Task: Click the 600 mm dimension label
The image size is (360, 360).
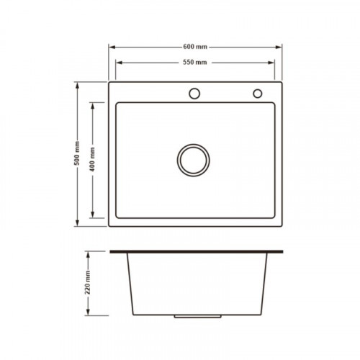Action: pyautogui.click(x=195, y=47)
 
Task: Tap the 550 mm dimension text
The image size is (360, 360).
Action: pyautogui.click(x=195, y=63)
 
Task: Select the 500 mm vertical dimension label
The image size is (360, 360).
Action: pyautogui.click(x=77, y=153)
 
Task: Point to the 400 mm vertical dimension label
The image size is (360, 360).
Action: pyautogui.click(x=92, y=159)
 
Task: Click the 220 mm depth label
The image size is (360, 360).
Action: pyautogui.click(x=88, y=282)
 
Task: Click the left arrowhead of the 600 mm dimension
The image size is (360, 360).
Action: pyautogui.click(x=112, y=47)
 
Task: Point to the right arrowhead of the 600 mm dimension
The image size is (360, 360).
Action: pyautogui.click(x=279, y=47)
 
